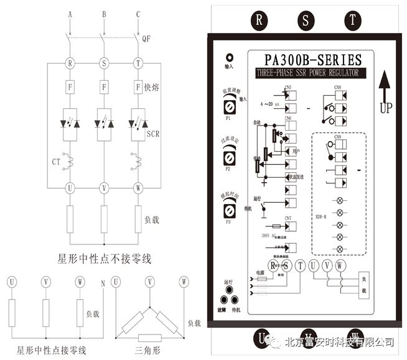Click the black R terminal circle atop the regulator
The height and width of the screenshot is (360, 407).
259,19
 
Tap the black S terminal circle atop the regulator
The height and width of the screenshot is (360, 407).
306,19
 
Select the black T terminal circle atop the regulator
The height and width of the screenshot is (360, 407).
353,19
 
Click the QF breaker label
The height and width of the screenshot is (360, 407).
146,39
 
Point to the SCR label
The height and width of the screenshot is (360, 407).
153,134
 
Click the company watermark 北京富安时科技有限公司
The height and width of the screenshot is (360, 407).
339,341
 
